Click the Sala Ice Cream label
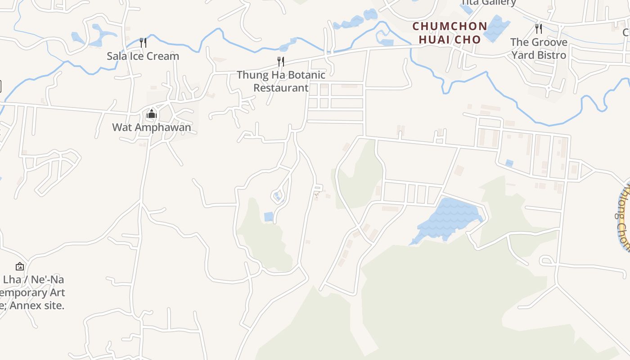pos(143,56)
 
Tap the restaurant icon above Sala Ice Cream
pos(143,43)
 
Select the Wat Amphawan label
pos(152,127)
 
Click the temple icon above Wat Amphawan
pos(152,113)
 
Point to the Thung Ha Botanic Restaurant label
pos(281,81)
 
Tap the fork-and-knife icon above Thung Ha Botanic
pos(281,62)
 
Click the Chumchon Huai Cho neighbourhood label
pos(450,33)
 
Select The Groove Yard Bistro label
pos(539,49)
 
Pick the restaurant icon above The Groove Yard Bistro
pos(539,29)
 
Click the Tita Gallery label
pos(488,3)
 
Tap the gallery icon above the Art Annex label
pos(20,266)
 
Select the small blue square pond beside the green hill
pos(269,216)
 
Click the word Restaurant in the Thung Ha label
pos(281,88)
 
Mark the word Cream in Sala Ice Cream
pos(164,56)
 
